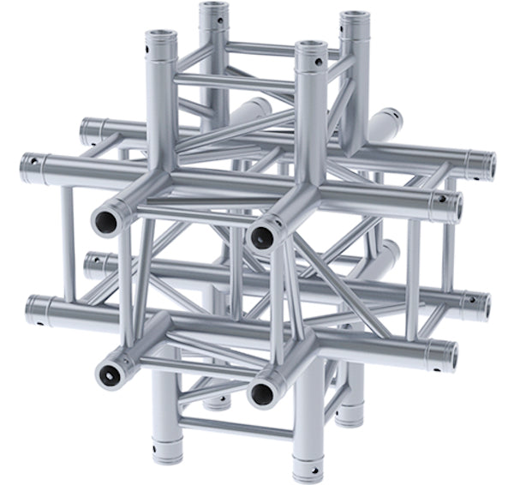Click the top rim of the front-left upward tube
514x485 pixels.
(x=160, y=38)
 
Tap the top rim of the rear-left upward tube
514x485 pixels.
(x=214, y=9)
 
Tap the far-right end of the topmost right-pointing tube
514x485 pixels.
(x=489, y=162)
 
